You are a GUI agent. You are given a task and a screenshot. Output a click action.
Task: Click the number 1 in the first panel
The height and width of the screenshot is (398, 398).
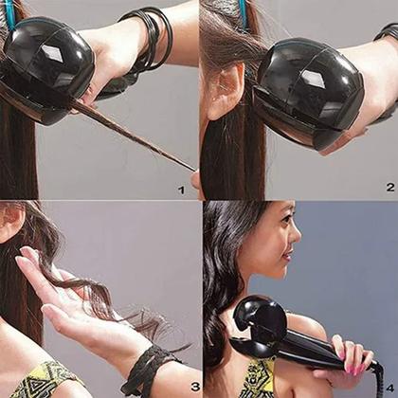(181, 190)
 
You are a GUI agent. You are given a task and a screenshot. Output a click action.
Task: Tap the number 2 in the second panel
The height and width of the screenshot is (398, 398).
(389, 188)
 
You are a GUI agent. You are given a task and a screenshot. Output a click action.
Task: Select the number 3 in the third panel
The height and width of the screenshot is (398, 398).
(194, 386)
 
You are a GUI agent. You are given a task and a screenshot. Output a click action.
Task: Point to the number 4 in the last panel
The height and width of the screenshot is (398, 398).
(389, 386)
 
